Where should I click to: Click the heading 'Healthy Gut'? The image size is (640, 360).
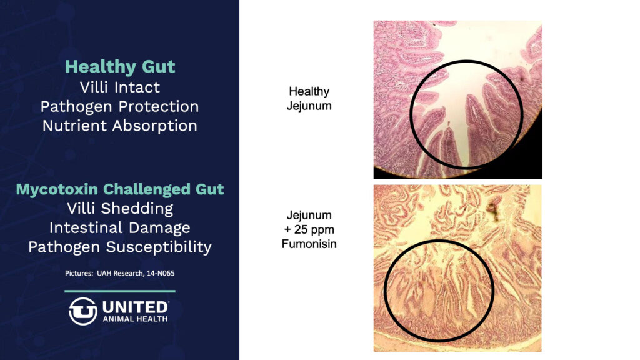click(120, 67)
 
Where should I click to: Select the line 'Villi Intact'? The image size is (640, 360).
click(120, 87)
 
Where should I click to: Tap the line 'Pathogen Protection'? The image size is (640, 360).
click(119, 106)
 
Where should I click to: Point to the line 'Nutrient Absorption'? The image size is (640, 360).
click(120, 126)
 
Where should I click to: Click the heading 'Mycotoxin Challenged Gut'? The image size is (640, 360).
click(120, 189)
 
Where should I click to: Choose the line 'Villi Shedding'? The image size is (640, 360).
click(120, 209)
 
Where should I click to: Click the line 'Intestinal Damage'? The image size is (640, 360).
click(120, 227)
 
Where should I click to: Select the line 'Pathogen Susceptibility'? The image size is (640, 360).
click(120, 247)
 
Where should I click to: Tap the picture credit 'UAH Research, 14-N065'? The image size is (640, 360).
click(136, 274)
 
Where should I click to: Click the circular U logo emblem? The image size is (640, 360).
click(83, 311)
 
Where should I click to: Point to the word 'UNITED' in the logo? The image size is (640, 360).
click(135, 307)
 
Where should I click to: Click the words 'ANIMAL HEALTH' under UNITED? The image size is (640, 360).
click(135, 319)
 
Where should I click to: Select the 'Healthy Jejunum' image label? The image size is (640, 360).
click(309, 99)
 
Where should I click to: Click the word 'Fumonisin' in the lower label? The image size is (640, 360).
click(309, 244)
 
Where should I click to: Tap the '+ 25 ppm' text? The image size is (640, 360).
click(309, 230)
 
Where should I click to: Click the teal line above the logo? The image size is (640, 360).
click(120, 291)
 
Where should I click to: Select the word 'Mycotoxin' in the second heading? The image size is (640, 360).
click(57, 189)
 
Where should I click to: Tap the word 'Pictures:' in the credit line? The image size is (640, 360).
click(79, 274)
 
